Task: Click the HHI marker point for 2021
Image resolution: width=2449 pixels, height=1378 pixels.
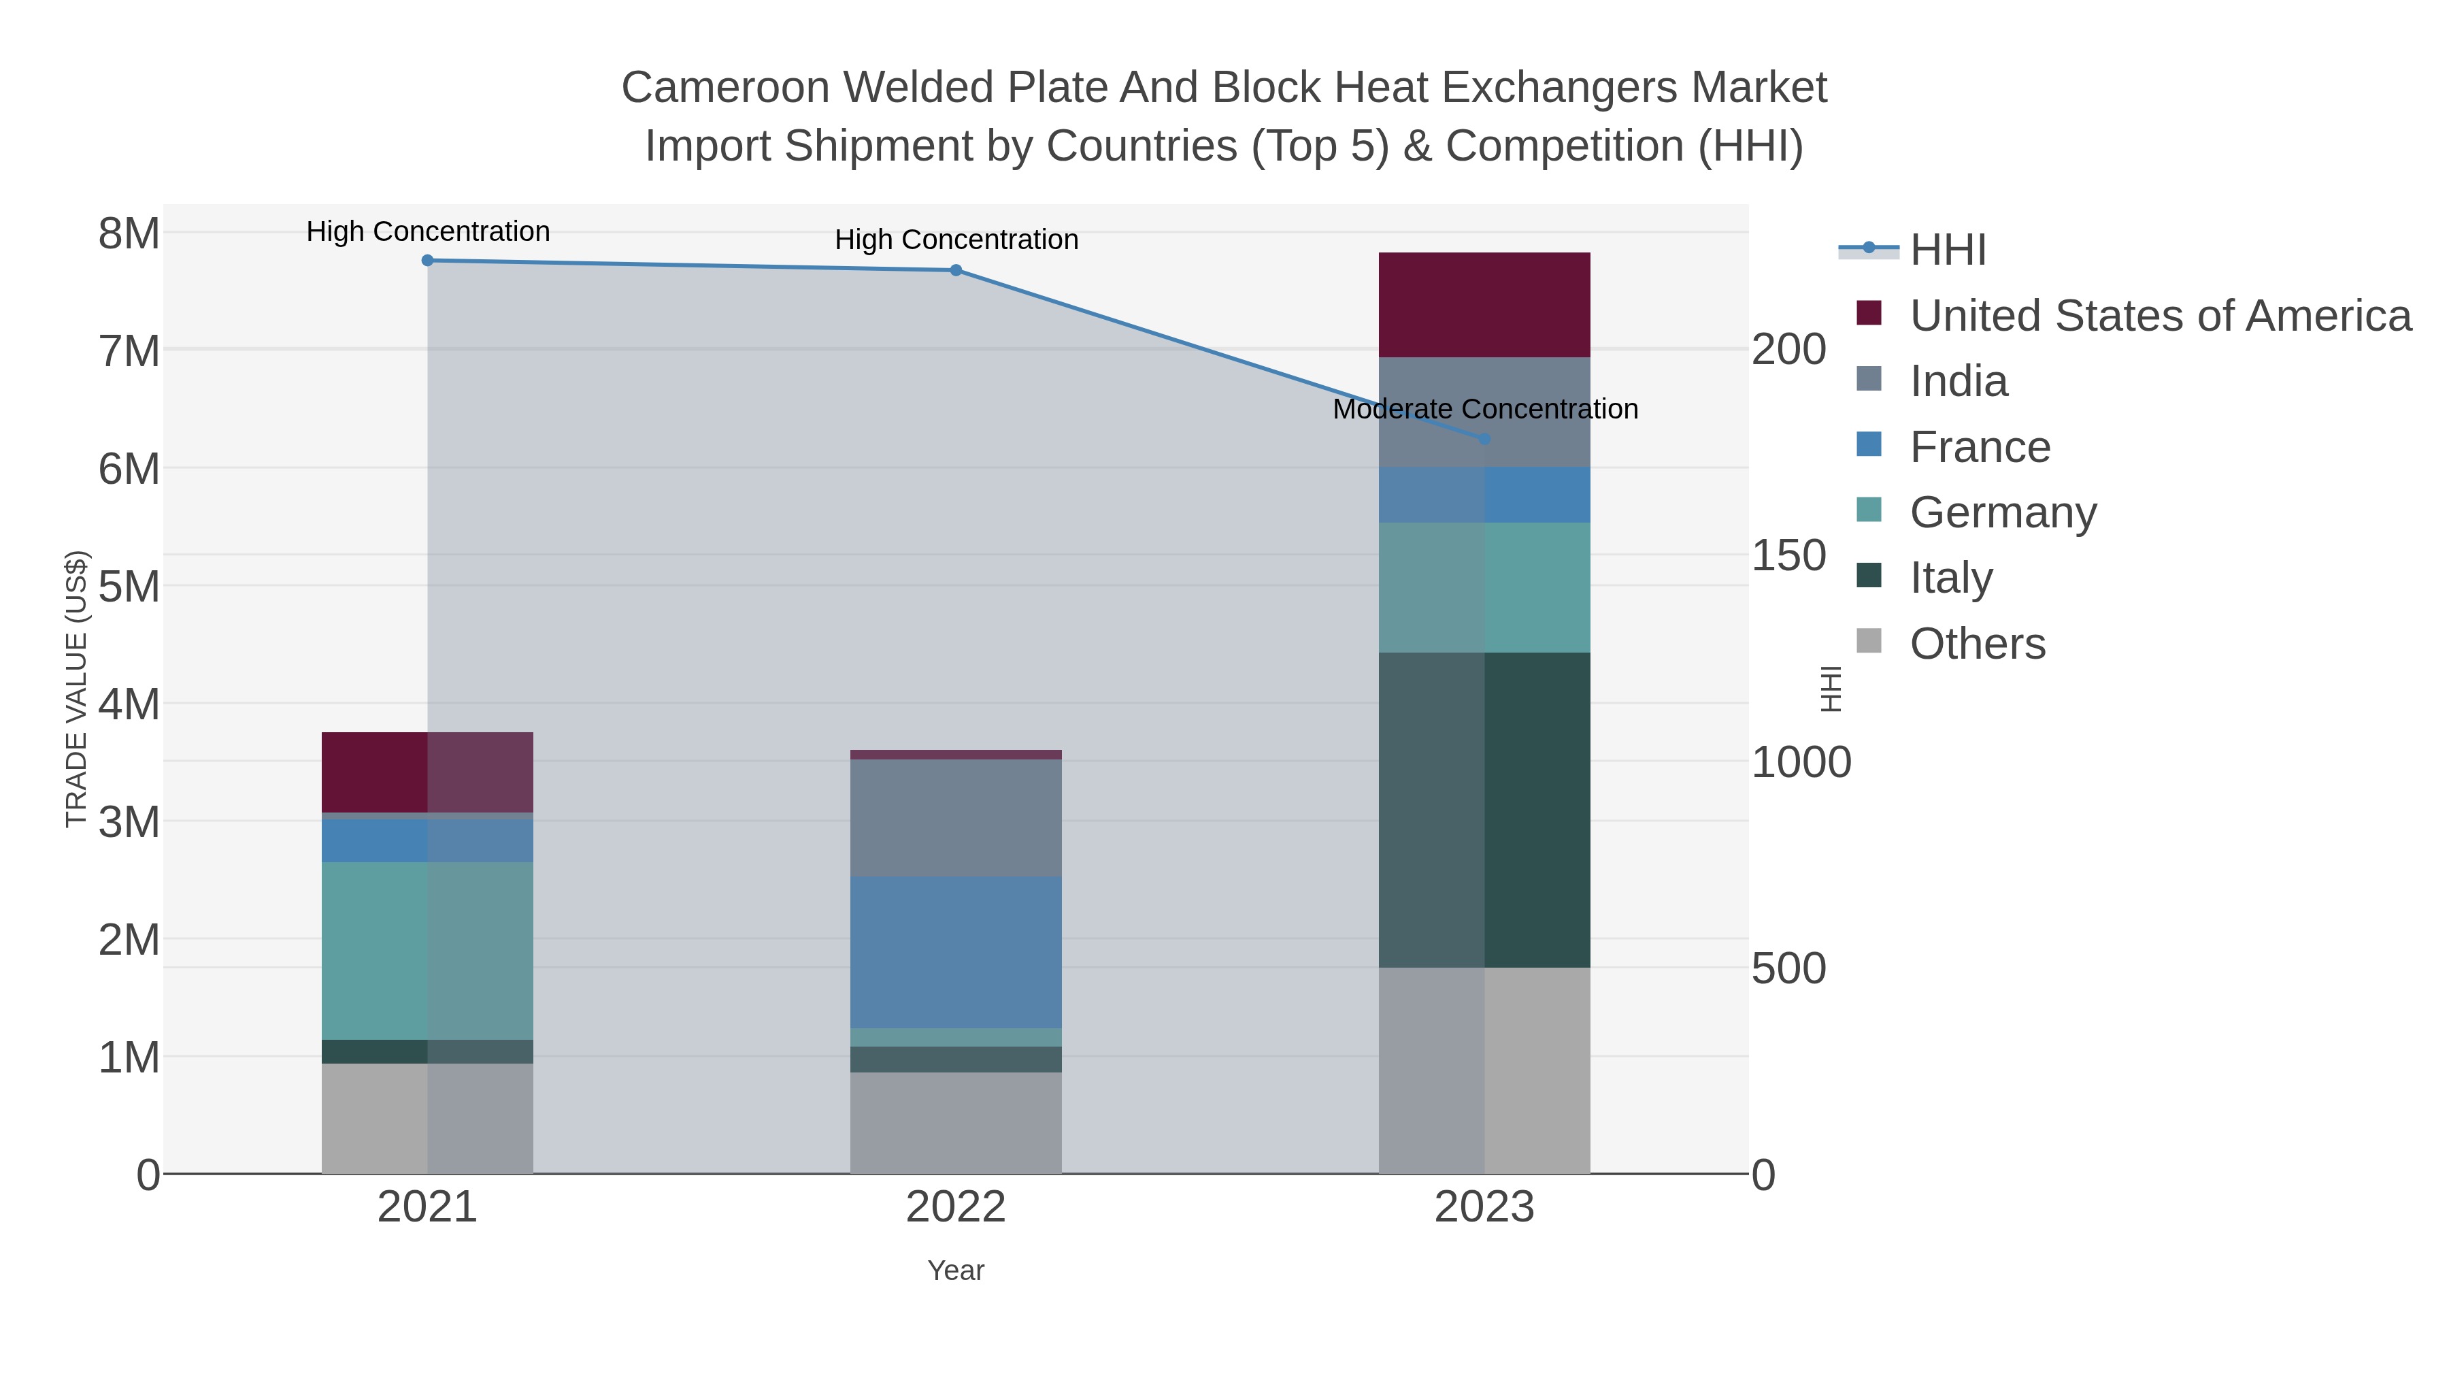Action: click(428, 261)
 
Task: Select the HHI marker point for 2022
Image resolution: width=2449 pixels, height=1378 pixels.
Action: click(956, 270)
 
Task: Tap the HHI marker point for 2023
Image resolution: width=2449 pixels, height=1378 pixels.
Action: click(1484, 438)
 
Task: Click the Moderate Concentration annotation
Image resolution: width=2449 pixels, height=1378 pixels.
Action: click(1485, 409)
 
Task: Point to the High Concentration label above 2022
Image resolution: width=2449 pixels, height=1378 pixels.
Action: click(956, 240)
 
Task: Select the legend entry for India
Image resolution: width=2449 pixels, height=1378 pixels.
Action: click(1959, 381)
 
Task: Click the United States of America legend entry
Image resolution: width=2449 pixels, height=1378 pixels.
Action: click(2160, 316)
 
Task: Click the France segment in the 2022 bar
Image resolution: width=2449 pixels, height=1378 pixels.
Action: click(956, 951)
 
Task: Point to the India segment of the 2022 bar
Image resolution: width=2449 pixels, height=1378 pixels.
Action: click(956, 818)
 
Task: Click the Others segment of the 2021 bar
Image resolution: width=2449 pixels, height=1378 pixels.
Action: click(428, 1117)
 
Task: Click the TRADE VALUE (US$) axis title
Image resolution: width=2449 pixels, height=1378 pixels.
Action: click(76, 689)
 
